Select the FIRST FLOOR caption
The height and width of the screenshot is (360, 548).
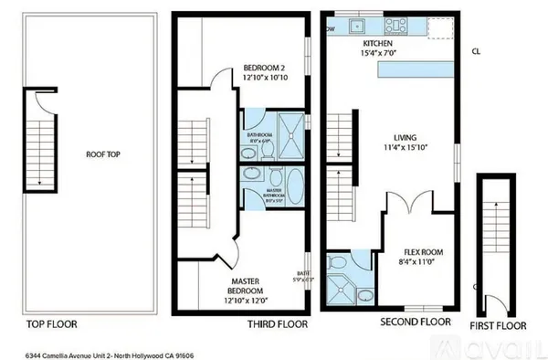(x=499, y=324)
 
